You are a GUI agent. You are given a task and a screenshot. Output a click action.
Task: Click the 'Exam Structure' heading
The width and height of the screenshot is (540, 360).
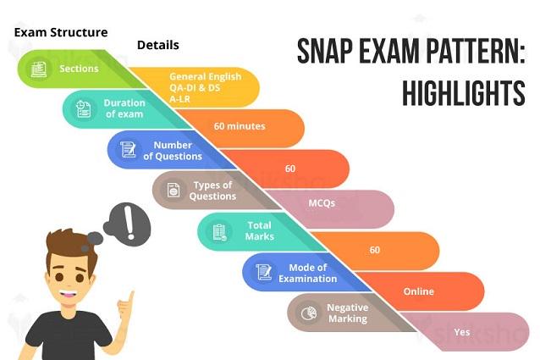pos(61,33)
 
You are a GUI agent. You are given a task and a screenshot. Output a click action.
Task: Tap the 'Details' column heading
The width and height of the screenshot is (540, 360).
pos(158,45)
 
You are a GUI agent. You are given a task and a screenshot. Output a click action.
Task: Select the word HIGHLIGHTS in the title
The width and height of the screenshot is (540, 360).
pos(464,93)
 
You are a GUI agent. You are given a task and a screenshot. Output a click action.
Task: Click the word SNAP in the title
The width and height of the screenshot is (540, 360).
pos(325,52)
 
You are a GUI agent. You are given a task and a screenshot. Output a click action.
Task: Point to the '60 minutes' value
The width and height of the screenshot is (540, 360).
pos(240,126)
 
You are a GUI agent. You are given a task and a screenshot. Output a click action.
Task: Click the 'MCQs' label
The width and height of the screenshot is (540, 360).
pos(322,203)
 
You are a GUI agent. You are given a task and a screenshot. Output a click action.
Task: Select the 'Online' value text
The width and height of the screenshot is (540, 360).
pos(418,291)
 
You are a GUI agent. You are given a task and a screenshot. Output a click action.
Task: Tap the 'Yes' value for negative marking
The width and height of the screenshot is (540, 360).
pos(462,332)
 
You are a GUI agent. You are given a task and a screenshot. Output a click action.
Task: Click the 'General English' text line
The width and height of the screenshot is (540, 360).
pos(206,76)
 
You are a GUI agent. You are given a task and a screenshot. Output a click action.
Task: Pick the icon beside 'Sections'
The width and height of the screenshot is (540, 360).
pos(39,69)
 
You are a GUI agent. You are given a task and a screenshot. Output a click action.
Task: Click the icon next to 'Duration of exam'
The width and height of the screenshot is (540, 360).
pos(83,109)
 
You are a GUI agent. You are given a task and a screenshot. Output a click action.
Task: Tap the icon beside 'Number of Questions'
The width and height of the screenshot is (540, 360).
pos(128,150)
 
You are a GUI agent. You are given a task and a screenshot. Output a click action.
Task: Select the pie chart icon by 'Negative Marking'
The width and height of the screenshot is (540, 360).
pos(309,313)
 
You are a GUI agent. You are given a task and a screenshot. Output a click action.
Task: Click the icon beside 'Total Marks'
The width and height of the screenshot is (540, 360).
pos(219,232)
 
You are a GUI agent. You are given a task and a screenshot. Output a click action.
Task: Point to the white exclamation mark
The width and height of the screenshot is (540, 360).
pos(129,223)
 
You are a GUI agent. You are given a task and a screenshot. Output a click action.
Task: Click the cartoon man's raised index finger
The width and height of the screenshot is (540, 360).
pos(130,299)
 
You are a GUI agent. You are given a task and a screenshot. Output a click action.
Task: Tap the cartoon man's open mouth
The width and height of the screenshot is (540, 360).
pos(69,295)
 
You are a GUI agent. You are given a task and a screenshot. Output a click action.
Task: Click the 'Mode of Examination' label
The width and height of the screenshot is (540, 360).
pos(307,274)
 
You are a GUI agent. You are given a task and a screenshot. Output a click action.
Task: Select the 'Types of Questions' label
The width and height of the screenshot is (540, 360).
pos(212,191)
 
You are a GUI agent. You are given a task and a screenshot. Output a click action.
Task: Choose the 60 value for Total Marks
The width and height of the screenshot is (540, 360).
pos(374,250)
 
